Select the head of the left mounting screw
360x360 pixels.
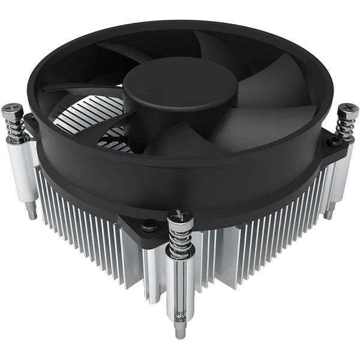pos(12,111)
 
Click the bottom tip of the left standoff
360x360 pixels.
pos(32,212)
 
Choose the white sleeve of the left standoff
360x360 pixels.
pos(24,171)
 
